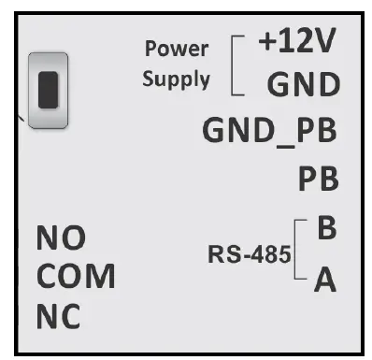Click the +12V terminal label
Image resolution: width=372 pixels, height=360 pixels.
297,43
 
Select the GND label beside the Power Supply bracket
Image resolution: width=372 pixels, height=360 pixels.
301,85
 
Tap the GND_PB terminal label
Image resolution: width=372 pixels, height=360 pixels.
269,132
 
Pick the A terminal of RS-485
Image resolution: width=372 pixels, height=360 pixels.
324,280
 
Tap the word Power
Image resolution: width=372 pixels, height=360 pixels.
176,49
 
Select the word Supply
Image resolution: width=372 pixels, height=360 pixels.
176,79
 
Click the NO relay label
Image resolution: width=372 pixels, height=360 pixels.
55,239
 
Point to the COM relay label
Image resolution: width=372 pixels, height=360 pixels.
75,278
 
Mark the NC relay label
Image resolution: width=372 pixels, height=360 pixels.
57,317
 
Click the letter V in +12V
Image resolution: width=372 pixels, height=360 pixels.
324,43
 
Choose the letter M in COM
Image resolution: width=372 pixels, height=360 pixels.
99,278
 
